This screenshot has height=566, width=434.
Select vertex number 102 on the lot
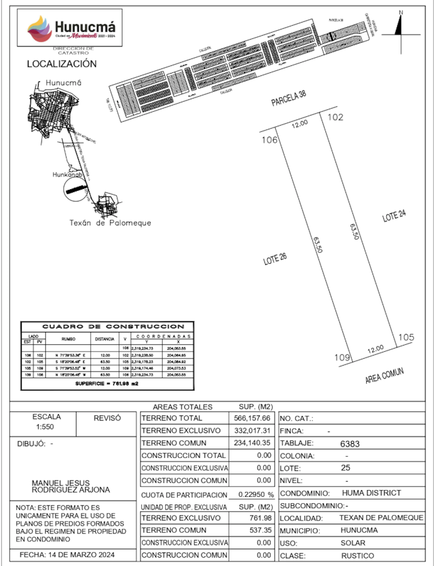335,117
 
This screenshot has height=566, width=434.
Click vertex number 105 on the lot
406,337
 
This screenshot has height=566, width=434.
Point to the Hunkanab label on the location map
67,175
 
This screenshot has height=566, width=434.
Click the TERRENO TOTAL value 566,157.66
252,418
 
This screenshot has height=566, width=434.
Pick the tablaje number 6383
350,444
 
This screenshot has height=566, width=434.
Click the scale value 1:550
45,427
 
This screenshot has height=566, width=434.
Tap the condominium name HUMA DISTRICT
371,493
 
